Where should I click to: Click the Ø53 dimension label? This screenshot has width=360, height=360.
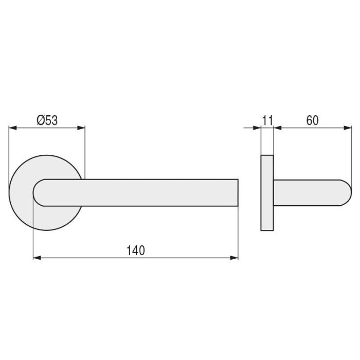[47, 120]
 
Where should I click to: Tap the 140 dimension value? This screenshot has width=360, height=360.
[136, 250]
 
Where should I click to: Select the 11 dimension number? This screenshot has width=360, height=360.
[267, 120]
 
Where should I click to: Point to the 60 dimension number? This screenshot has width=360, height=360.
[312, 120]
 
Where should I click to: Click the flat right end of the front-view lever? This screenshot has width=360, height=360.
[238, 193]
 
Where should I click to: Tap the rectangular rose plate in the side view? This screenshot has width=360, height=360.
[267, 192]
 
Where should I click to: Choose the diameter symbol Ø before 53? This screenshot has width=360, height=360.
[41, 120]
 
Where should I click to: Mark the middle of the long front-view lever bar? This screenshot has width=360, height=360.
[139, 193]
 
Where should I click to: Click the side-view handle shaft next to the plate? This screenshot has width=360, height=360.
[283, 193]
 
